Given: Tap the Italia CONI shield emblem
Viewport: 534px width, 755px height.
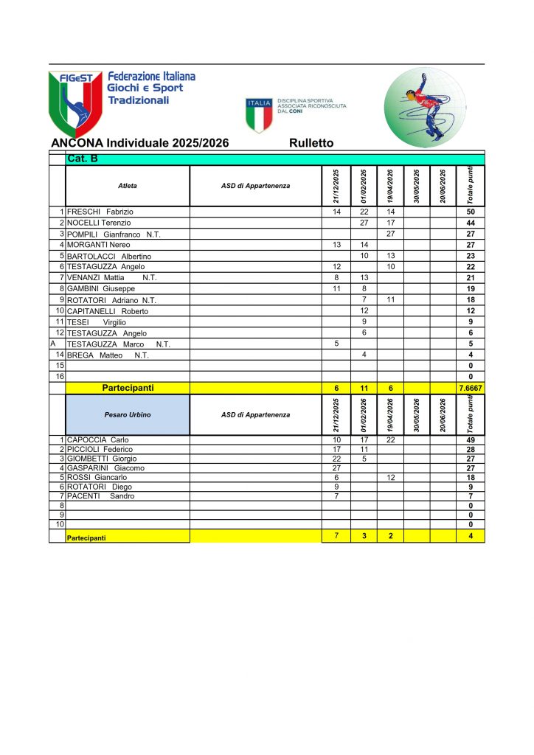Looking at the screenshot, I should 258,114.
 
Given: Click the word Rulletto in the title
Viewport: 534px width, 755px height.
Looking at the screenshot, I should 311,143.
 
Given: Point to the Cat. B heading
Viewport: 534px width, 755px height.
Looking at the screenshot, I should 82,159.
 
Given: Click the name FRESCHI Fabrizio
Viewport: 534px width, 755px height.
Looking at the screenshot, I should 100,212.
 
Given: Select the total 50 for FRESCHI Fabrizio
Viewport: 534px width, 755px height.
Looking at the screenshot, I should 470,212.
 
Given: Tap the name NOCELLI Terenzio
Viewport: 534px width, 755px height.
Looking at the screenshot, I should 99,223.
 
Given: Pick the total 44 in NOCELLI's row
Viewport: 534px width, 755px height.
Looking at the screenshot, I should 470,223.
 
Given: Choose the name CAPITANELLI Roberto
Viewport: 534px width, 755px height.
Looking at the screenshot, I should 108,311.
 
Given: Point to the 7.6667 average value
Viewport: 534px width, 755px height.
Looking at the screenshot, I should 470,388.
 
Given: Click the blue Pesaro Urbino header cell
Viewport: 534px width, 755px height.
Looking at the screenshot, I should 128,415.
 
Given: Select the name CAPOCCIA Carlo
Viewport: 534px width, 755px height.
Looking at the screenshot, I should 98,440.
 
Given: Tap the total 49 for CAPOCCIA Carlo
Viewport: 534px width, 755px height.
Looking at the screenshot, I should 470,440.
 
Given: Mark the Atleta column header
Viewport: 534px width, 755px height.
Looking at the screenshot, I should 128,186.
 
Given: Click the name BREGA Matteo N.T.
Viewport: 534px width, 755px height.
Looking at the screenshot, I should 108,355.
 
